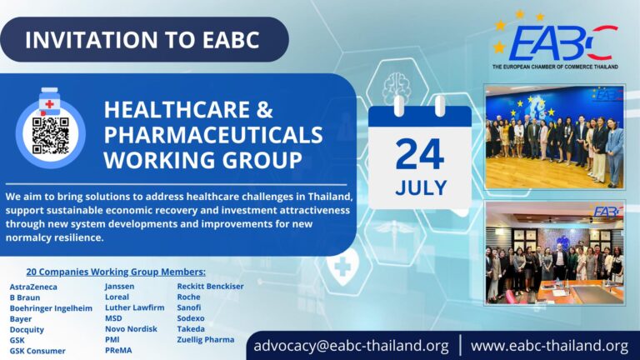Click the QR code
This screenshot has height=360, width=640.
(50, 135)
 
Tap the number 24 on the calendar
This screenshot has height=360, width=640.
(420, 154)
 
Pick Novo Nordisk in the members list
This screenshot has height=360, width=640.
(131, 328)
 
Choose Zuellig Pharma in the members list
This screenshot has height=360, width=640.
(206, 339)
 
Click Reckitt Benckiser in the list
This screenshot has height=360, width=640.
(210, 286)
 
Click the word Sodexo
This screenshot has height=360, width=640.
(192, 317)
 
